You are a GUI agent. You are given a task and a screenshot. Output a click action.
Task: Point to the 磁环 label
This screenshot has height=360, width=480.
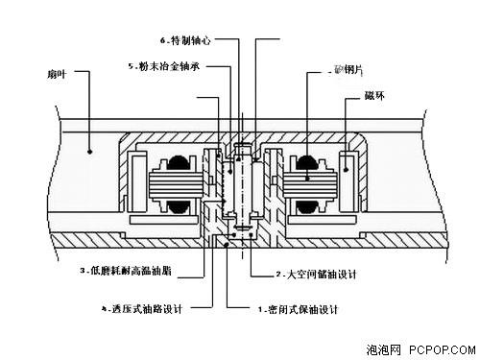tap(374, 97)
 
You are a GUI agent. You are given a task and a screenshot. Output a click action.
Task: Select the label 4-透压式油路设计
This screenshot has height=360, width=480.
tap(141, 309)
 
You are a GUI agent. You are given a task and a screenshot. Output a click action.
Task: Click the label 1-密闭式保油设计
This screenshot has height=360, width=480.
tap(301, 309)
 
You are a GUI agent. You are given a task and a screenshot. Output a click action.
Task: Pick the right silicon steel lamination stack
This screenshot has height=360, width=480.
tap(307, 181)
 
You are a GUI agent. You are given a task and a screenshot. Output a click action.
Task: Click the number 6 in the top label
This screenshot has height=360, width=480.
tap(163, 41)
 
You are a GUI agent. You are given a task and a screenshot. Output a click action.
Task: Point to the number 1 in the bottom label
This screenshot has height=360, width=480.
tap(260, 309)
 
